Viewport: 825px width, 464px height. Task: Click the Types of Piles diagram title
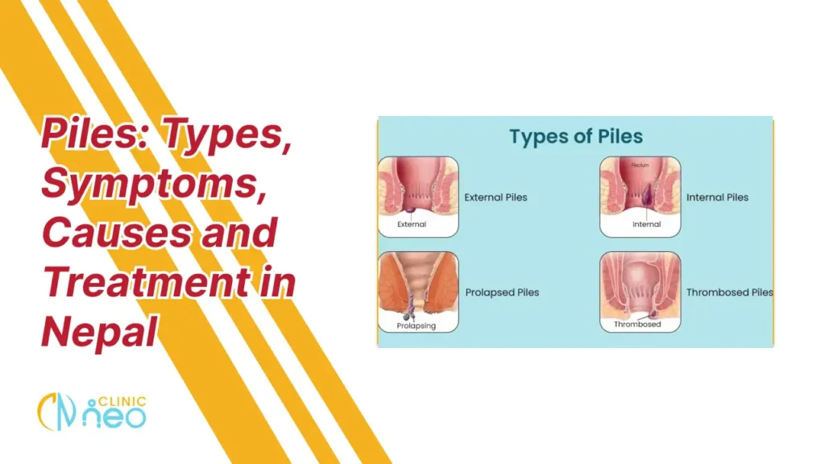click(x=575, y=137)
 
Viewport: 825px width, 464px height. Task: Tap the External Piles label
click(x=495, y=197)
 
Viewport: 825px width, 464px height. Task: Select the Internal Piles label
click(x=717, y=197)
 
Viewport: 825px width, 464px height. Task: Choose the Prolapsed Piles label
click(x=502, y=292)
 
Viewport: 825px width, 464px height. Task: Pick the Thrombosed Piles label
click(x=729, y=292)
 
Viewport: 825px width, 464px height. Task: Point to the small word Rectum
click(x=641, y=165)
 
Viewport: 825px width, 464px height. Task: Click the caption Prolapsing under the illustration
click(x=417, y=325)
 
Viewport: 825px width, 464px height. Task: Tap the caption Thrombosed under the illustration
click(x=637, y=325)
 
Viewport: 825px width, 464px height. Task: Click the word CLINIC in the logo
click(x=126, y=402)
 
